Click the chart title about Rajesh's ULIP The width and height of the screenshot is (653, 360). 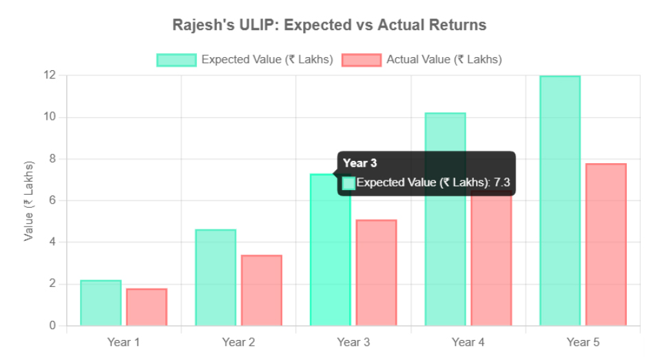point(329,25)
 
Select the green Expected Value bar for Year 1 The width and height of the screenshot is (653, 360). point(101,303)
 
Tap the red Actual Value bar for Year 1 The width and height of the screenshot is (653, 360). point(147,307)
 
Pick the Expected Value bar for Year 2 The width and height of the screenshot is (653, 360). point(216,277)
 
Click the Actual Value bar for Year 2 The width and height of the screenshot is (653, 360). point(262,290)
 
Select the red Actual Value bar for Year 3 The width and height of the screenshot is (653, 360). point(376,273)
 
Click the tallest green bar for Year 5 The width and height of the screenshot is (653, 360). point(560,200)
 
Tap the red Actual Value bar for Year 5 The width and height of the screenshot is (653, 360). point(606,244)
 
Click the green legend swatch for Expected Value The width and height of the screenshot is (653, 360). point(176,60)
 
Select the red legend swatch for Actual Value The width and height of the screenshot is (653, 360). point(362,60)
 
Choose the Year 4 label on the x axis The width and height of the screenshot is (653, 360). point(468,342)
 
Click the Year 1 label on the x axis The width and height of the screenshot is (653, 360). point(123,342)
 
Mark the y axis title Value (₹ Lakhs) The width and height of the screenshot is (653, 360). point(29,201)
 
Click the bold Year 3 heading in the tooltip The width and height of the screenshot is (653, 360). point(360,163)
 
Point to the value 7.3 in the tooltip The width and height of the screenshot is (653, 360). point(501,182)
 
